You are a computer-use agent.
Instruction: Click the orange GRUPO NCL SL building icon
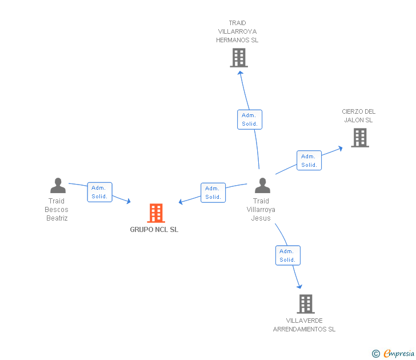tap(156, 213)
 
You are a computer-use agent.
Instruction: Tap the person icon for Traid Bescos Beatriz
tap(58, 186)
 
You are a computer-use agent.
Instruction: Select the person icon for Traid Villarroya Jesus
tap(262, 186)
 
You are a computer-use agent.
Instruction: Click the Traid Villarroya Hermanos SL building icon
tap(239, 58)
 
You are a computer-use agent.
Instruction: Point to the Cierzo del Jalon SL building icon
tap(359, 138)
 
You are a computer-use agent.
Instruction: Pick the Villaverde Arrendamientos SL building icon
tap(306, 304)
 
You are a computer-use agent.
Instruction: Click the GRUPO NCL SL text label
tap(154, 230)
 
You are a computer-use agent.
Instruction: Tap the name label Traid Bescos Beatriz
tap(57, 210)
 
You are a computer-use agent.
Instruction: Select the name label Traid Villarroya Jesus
tap(261, 210)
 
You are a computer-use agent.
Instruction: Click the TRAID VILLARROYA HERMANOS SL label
tap(237, 32)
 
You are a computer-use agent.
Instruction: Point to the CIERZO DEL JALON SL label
tap(358, 116)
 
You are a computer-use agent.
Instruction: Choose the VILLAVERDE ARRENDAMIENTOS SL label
tap(304, 325)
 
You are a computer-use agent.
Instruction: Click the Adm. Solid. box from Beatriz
tap(99, 192)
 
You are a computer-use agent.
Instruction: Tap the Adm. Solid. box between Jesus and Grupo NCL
tap(213, 193)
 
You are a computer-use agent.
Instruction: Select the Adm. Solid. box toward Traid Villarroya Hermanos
tap(250, 119)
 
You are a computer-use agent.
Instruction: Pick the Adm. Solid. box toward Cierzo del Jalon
tap(309, 161)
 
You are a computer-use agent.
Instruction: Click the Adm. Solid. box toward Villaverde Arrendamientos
tap(287, 255)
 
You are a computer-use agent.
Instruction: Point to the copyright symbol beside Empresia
tap(376, 354)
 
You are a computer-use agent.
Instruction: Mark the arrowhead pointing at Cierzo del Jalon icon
tap(340, 147)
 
